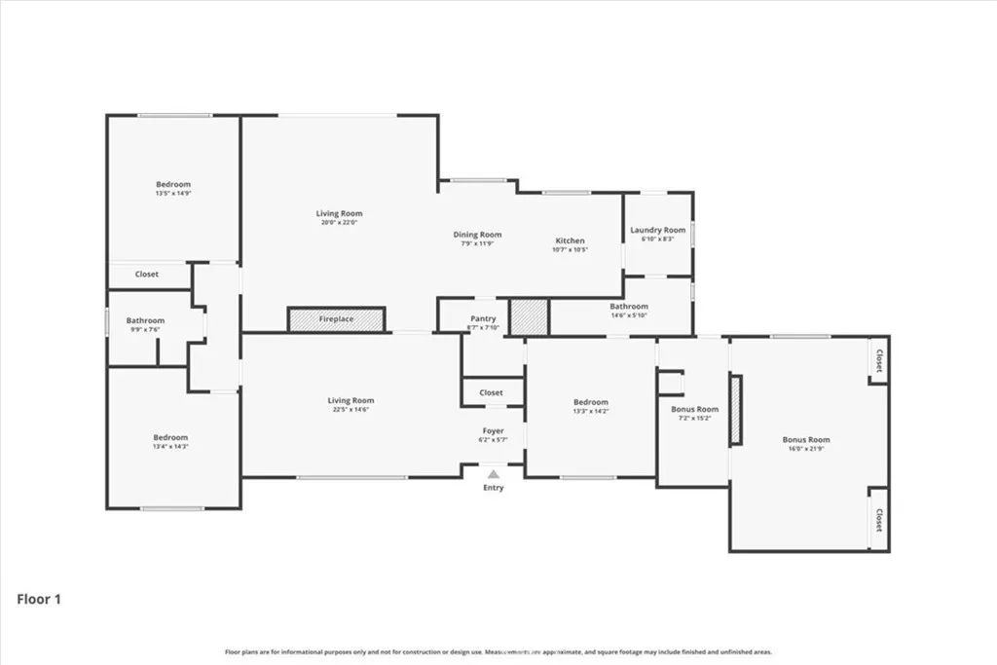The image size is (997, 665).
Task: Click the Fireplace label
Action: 337,319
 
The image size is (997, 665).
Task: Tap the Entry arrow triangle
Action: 494,474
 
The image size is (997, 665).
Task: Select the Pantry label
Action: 483,318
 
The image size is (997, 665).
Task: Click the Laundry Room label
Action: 658,230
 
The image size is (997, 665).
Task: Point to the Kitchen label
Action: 571,240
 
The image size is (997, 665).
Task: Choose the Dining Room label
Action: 477,234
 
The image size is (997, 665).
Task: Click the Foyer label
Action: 494,430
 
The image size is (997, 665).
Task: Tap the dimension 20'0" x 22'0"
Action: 339,223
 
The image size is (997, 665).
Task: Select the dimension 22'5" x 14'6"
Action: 351,409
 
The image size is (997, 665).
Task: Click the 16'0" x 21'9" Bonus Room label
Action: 806,439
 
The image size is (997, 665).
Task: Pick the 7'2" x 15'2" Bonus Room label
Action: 695,409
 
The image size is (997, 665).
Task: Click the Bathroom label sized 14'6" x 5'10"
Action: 629,306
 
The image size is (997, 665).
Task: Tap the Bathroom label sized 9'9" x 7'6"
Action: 145,320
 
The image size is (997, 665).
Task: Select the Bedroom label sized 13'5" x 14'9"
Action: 173,184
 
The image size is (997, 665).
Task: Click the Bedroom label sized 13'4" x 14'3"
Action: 170,437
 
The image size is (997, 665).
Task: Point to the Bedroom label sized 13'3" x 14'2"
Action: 590,402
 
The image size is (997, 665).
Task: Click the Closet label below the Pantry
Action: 492,392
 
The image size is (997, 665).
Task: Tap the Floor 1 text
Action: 39,600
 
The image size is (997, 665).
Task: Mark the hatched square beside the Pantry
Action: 530,317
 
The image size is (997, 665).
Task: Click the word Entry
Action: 494,488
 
